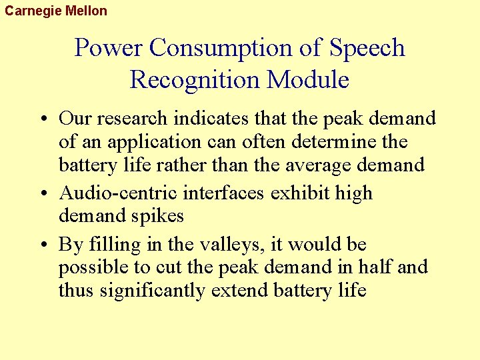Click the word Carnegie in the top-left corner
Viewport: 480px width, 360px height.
32,10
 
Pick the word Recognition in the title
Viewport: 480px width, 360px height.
195,80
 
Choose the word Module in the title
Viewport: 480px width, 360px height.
308,80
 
